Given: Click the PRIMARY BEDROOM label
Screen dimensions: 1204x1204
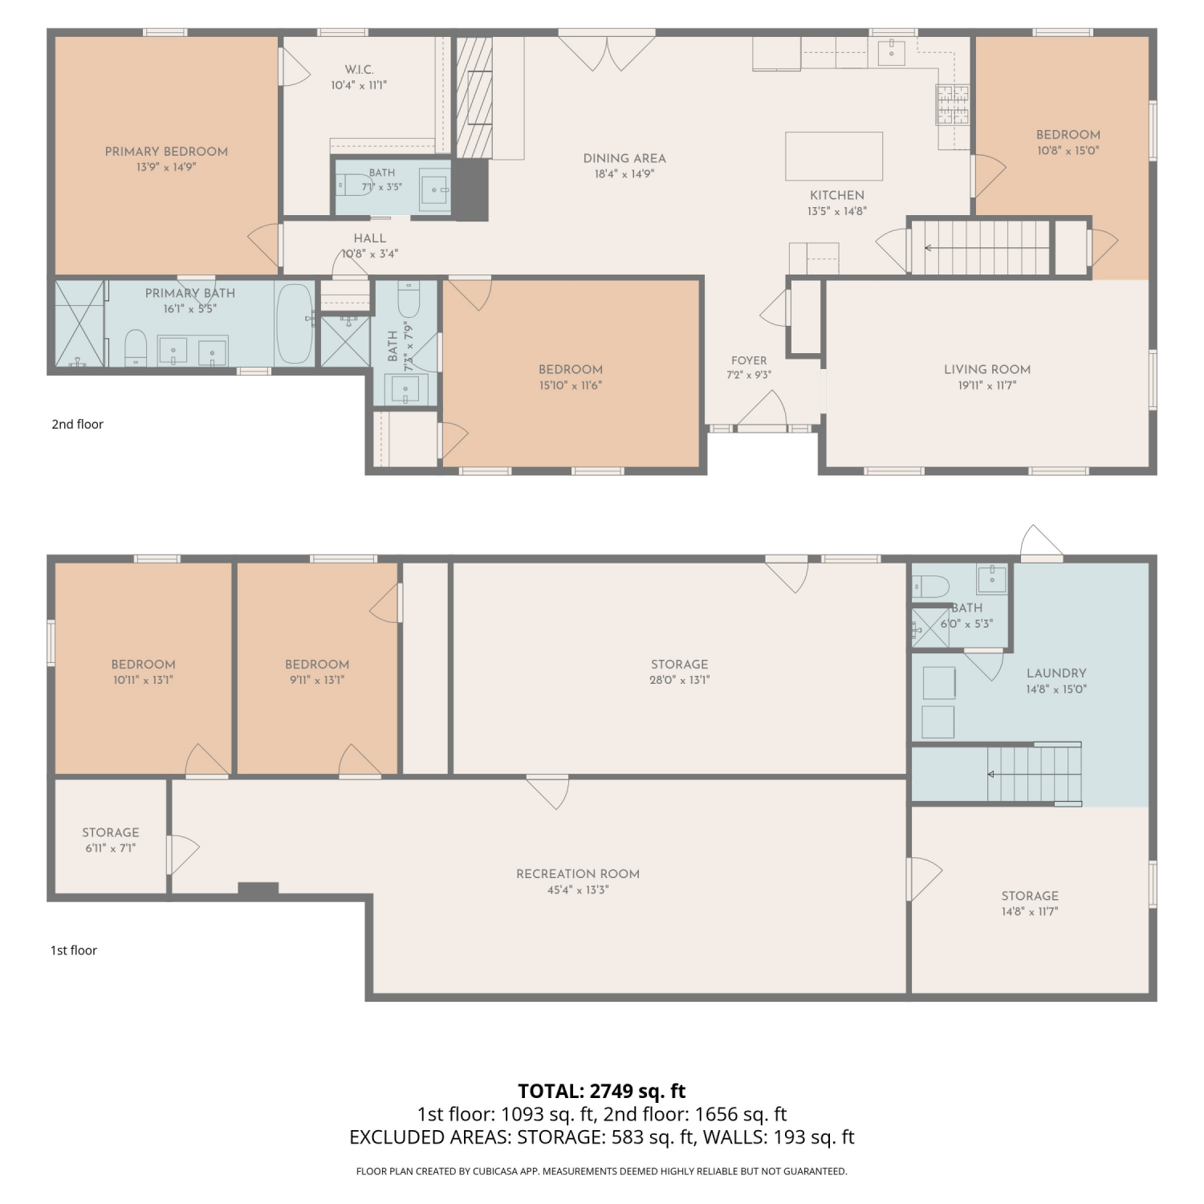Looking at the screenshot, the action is point(166,152).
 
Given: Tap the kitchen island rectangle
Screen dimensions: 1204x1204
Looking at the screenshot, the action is point(834,156).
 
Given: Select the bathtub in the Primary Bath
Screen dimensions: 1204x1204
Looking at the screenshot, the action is point(295,323).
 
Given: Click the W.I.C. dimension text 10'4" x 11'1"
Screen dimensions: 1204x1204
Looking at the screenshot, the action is point(359,85).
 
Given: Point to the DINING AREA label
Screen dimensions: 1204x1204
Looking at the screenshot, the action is point(624,159).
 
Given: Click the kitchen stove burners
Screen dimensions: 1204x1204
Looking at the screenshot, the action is point(952,105).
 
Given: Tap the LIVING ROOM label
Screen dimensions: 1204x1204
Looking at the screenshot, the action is point(987,369).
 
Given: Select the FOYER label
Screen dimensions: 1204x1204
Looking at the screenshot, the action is point(749,360).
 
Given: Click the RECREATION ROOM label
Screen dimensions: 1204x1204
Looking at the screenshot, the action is point(578,874).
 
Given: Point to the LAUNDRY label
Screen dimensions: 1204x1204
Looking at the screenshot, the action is point(1056,673).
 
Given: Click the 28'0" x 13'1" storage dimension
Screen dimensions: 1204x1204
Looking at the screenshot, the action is point(680,680).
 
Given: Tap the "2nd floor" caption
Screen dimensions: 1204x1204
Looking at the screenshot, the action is point(78,424).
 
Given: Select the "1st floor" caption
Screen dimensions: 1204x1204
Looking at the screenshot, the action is point(74,950).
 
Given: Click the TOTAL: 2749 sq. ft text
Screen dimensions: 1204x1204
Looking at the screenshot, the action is point(602,1091).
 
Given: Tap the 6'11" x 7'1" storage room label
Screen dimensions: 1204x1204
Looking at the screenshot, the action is point(111,848).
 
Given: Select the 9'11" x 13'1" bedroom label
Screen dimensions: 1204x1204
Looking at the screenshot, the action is point(317,680).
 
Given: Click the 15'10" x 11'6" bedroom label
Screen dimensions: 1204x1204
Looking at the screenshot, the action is point(571,385).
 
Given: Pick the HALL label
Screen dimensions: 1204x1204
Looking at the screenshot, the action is point(370,238).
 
